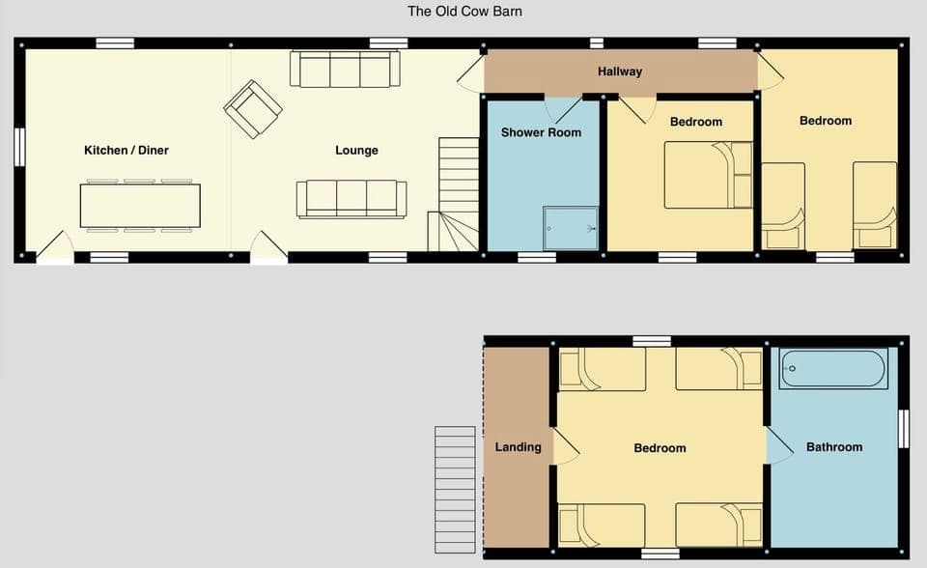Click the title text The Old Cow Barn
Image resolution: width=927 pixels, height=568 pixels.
[464, 12]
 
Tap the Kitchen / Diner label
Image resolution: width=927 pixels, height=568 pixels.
[126, 151]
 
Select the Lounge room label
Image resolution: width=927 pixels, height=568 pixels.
[356, 151]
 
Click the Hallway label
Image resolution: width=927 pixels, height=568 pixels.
[619, 71]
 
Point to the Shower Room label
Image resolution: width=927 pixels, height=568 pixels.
[541, 132]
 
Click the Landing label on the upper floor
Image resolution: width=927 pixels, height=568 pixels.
[518, 447]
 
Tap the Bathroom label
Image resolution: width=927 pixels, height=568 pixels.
[834, 447]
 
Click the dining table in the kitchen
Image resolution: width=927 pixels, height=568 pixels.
[140, 205]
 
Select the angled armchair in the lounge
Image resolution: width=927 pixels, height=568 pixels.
[253, 108]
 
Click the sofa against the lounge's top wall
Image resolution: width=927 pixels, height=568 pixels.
[345, 70]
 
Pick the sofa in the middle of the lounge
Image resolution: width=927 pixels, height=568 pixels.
[351, 198]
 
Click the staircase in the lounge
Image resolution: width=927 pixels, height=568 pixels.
[458, 193]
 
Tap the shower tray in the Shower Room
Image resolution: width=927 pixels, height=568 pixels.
[570, 229]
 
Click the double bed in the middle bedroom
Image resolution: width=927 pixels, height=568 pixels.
[708, 175]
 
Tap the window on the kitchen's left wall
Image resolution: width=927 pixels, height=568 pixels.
[18, 150]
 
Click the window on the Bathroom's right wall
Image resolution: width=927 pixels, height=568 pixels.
[903, 429]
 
